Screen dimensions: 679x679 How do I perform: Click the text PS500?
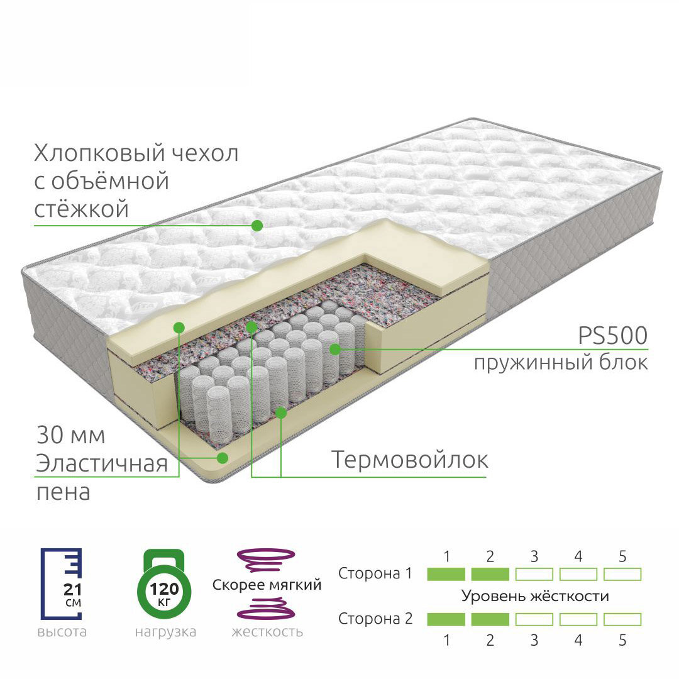tap(612, 336)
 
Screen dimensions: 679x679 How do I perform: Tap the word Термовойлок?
tap(409, 460)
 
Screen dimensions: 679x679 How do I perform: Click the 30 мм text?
tap(70, 435)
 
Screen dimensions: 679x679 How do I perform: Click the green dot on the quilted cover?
tap(257, 225)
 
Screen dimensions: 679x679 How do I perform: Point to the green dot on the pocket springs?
tap(334, 348)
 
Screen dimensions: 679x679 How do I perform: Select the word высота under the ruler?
tap(62, 631)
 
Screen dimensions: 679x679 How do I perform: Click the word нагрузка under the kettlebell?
tap(165, 631)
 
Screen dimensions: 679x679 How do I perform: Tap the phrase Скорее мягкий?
tap(267, 585)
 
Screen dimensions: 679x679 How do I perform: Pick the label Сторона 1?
tap(375, 573)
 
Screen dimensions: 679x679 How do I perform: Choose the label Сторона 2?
tap(375, 619)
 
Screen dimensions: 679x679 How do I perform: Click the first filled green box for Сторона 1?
tap(446, 574)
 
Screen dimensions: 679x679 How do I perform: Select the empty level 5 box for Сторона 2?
tap(622, 619)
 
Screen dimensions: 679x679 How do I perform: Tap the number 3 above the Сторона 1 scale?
tap(534, 556)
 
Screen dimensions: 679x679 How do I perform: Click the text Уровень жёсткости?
tap(535, 596)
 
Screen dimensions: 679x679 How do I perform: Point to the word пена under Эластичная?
tap(63, 492)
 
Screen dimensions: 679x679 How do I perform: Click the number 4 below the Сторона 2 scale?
tap(578, 641)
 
